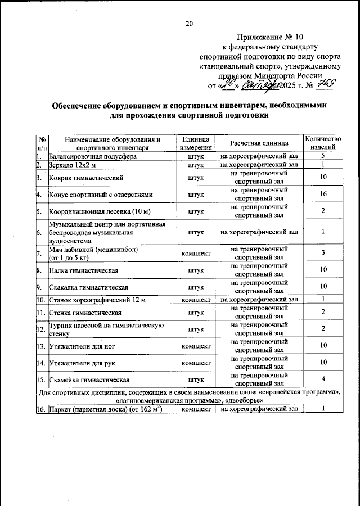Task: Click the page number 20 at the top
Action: [x=188, y=23]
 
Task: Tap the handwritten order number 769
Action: [x=325, y=85]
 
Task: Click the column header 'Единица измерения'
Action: [x=195, y=143]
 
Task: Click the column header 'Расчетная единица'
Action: [x=258, y=143]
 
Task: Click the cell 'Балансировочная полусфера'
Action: [x=93, y=156]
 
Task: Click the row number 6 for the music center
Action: [x=38, y=232]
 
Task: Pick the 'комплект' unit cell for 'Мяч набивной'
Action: [x=195, y=253]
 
